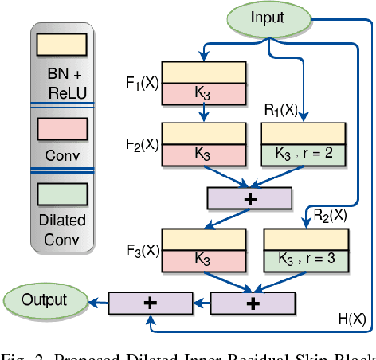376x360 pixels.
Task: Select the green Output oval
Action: click(45, 300)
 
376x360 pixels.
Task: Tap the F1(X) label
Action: click(143, 82)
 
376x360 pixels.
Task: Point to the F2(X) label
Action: click(143, 144)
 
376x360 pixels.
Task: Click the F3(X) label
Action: click(143, 248)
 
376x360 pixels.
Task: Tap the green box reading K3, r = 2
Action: click(303, 155)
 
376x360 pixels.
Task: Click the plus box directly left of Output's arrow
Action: click(150, 302)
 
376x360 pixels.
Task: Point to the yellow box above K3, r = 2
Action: click(303, 134)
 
